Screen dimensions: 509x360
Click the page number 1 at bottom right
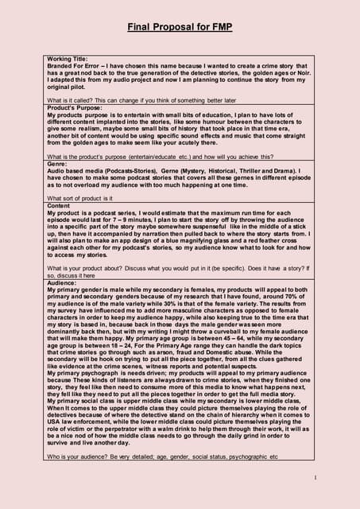(315, 477)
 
